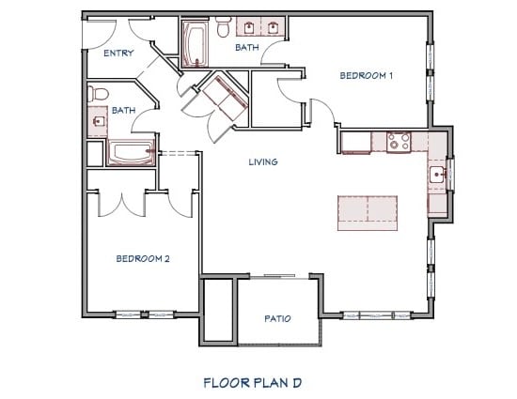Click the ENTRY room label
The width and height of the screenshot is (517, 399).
pos(118,54)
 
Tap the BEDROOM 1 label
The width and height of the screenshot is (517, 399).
pos(366,75)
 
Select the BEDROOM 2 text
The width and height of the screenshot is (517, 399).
pos(143,258)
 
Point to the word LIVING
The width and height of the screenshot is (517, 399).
pos(263,161)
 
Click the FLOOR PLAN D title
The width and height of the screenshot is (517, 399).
pos(251,382)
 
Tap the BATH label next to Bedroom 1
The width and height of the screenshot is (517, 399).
pos(246,47)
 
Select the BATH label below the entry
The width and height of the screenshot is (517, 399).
pos(123,110)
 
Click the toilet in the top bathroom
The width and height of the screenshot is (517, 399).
pos(223,28)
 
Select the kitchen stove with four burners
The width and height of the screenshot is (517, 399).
pos(399,142)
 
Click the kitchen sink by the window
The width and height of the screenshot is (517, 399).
pos(438,174)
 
